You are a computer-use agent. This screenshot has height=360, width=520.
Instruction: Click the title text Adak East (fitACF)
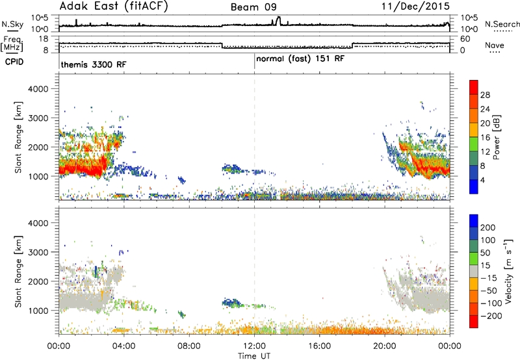114,6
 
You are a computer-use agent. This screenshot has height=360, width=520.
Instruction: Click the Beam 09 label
253,7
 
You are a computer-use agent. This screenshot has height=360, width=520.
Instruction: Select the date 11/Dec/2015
415,6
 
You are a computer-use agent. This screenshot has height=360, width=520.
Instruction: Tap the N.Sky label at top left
12,24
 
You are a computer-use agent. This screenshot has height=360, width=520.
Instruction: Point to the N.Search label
502,24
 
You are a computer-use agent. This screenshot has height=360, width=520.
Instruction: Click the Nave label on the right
495,45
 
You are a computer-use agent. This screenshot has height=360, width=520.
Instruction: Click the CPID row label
14,62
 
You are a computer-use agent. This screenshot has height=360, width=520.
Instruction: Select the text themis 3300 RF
94,64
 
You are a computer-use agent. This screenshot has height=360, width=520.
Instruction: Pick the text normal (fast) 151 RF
300,58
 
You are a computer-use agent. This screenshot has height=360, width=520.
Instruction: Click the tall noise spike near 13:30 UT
278,21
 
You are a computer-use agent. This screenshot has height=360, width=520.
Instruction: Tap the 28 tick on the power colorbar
485,95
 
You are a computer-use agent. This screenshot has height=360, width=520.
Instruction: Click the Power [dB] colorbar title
496,137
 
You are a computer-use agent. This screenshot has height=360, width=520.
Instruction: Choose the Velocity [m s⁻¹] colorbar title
508,271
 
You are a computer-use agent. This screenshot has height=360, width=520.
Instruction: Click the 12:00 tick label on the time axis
254,346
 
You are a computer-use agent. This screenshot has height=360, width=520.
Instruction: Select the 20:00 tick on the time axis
385,346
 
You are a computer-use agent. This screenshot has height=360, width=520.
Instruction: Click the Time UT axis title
254,355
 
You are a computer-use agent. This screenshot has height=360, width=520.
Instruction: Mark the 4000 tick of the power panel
38,89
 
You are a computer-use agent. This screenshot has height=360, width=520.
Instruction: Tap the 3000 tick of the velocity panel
38,252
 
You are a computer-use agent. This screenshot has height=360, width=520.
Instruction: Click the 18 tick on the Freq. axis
44,39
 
